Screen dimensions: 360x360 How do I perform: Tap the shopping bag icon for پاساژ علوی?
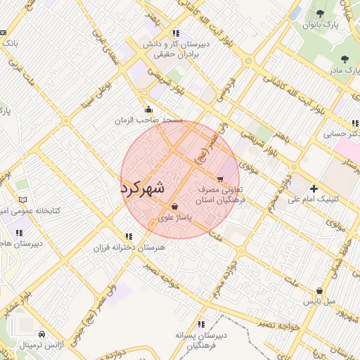click(174, 206)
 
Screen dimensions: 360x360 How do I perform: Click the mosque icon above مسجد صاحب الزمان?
click(148, 109)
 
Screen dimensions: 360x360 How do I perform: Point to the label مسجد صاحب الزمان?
click(149, 120)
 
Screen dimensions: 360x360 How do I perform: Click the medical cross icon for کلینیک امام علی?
click(314, 188)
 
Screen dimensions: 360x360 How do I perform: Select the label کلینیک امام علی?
click(314, 199)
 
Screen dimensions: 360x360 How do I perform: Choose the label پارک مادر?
click(342, 70)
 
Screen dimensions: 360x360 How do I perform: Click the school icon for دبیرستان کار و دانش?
click(175, 32)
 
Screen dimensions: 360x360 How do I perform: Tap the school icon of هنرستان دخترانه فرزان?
click(128, 236)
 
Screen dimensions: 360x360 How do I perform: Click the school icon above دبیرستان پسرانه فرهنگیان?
click(201, 324)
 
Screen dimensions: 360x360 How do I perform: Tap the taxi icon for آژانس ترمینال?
click(42, 334)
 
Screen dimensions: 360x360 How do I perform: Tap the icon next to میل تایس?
click(320, 290)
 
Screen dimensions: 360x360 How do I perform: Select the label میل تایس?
click(319, 302)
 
